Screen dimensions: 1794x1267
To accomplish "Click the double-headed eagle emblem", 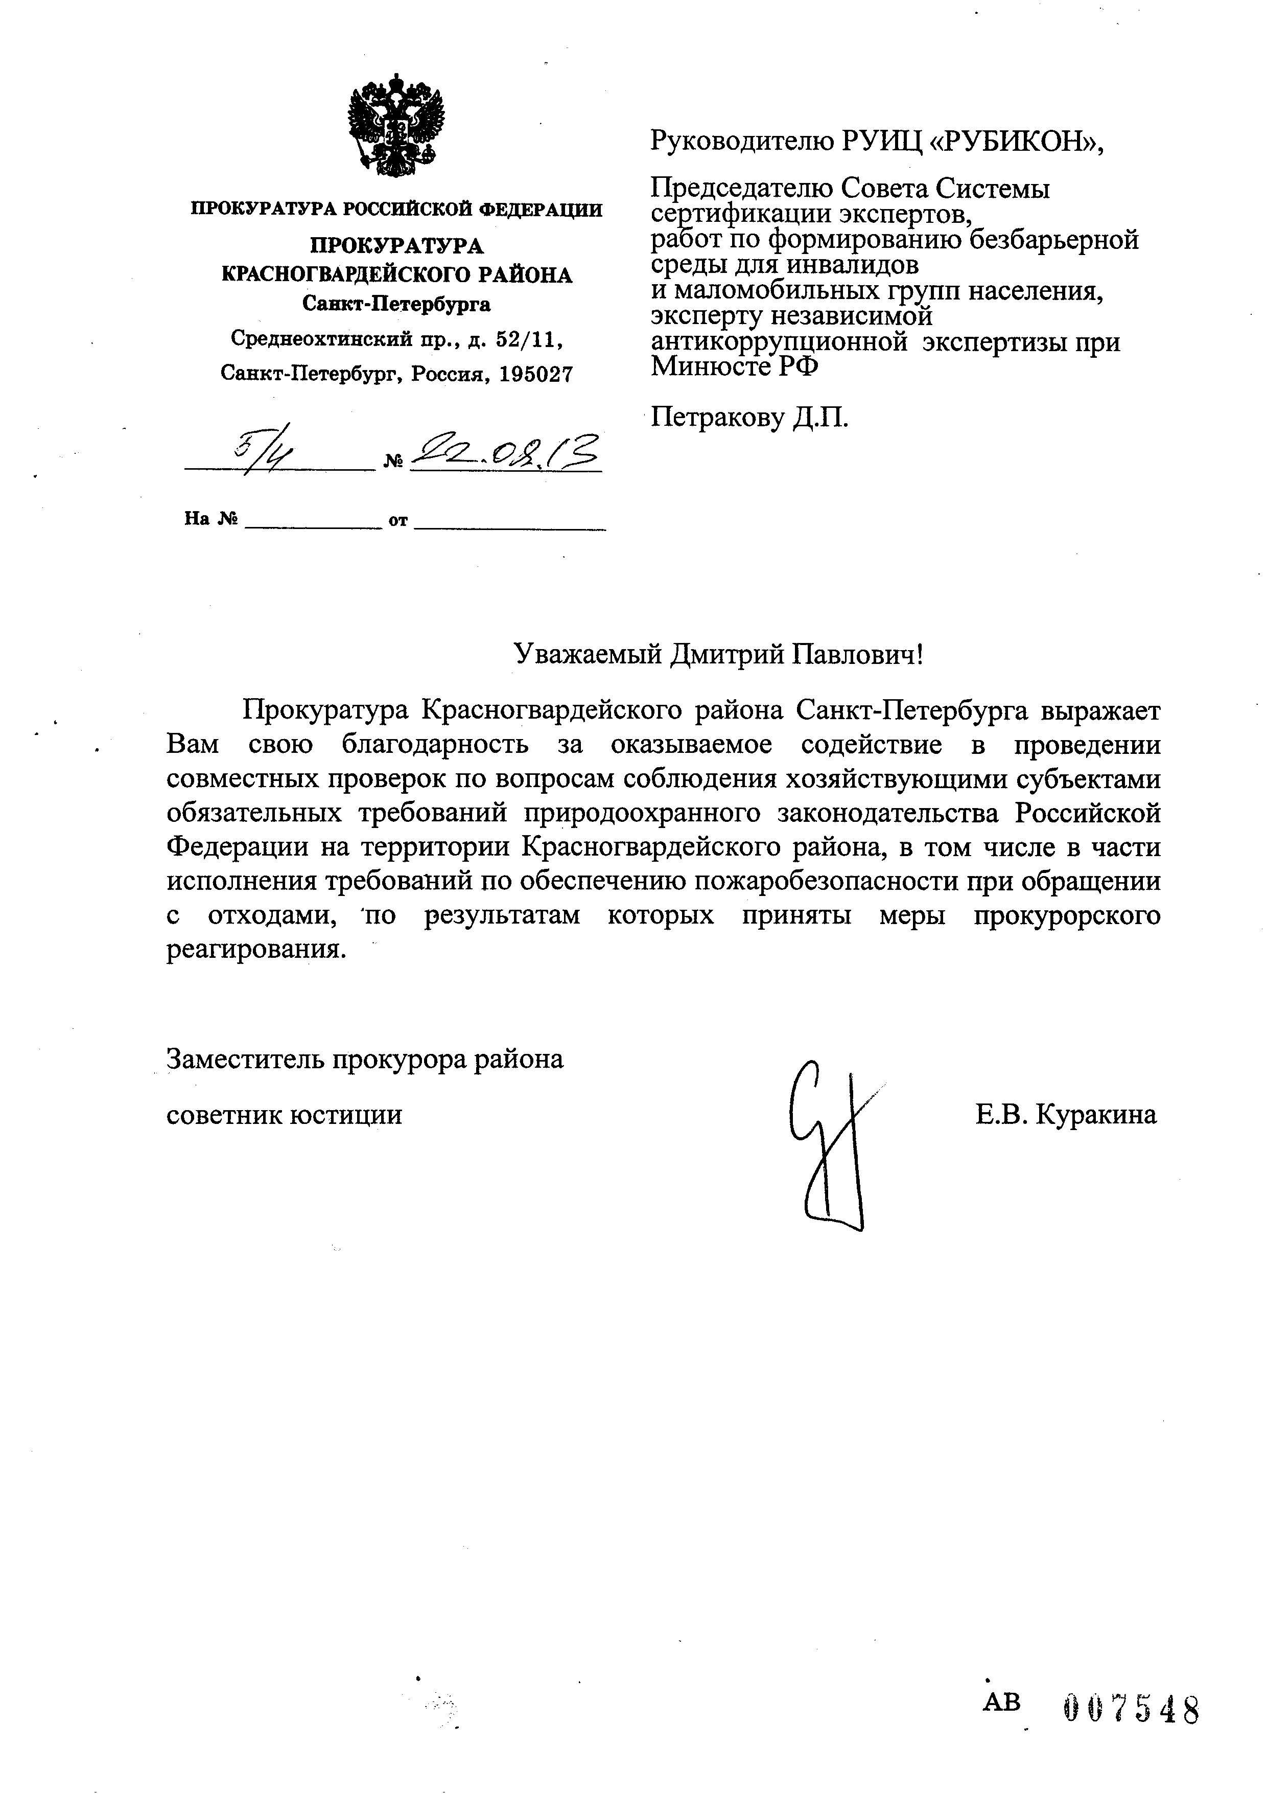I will pos(395,125).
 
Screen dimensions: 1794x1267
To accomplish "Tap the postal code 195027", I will pos(534,374).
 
